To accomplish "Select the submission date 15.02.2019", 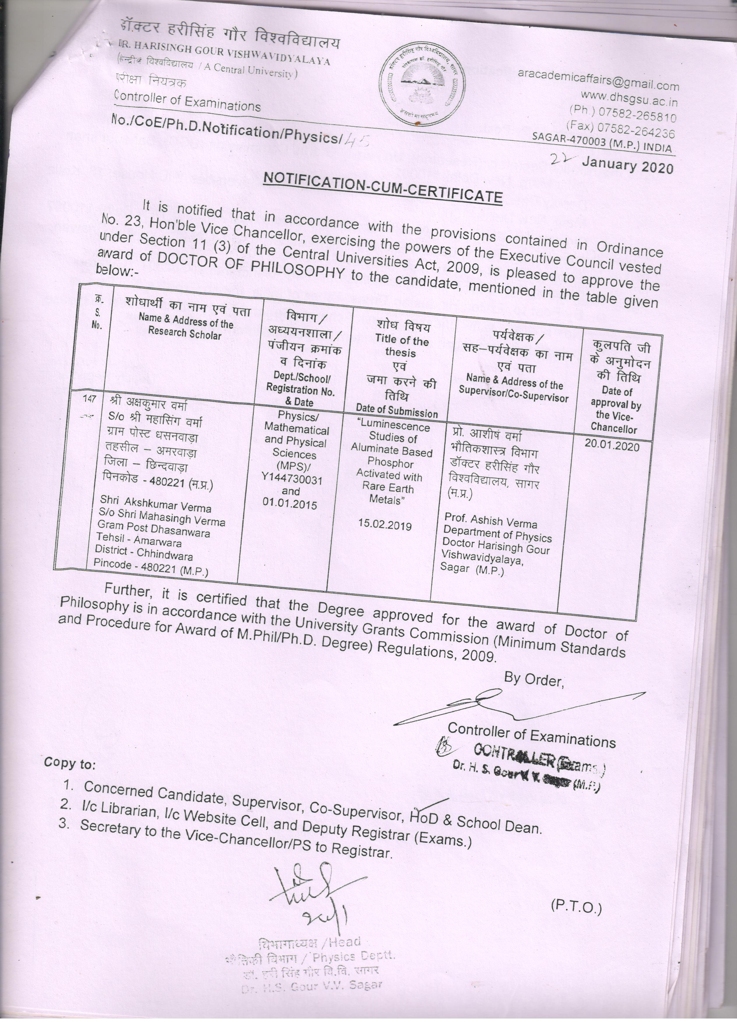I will [385, 524].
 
